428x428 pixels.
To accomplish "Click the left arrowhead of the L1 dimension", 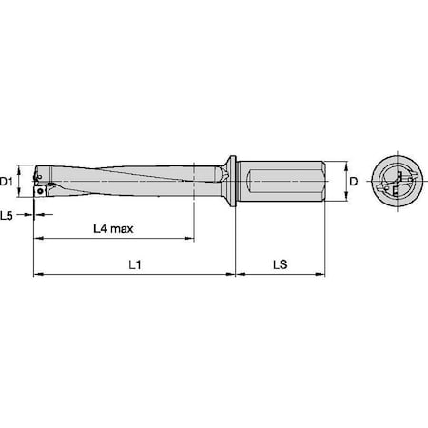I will tap(38, 275).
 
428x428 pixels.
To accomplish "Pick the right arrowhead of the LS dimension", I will tap(325, 275).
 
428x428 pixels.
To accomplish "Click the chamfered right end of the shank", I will tap(326, 181).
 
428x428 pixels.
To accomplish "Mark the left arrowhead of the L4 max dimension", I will tap(38, 241).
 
